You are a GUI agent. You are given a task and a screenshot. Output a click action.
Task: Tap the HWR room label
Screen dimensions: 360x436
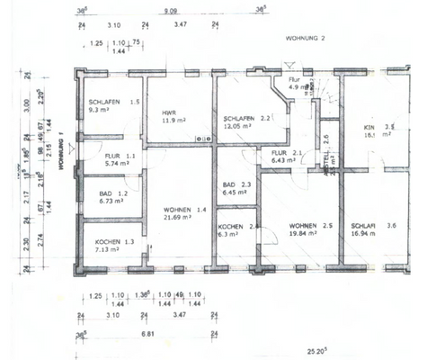(168, 112)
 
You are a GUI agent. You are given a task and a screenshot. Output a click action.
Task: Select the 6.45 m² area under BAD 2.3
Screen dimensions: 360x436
(236, 193)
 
